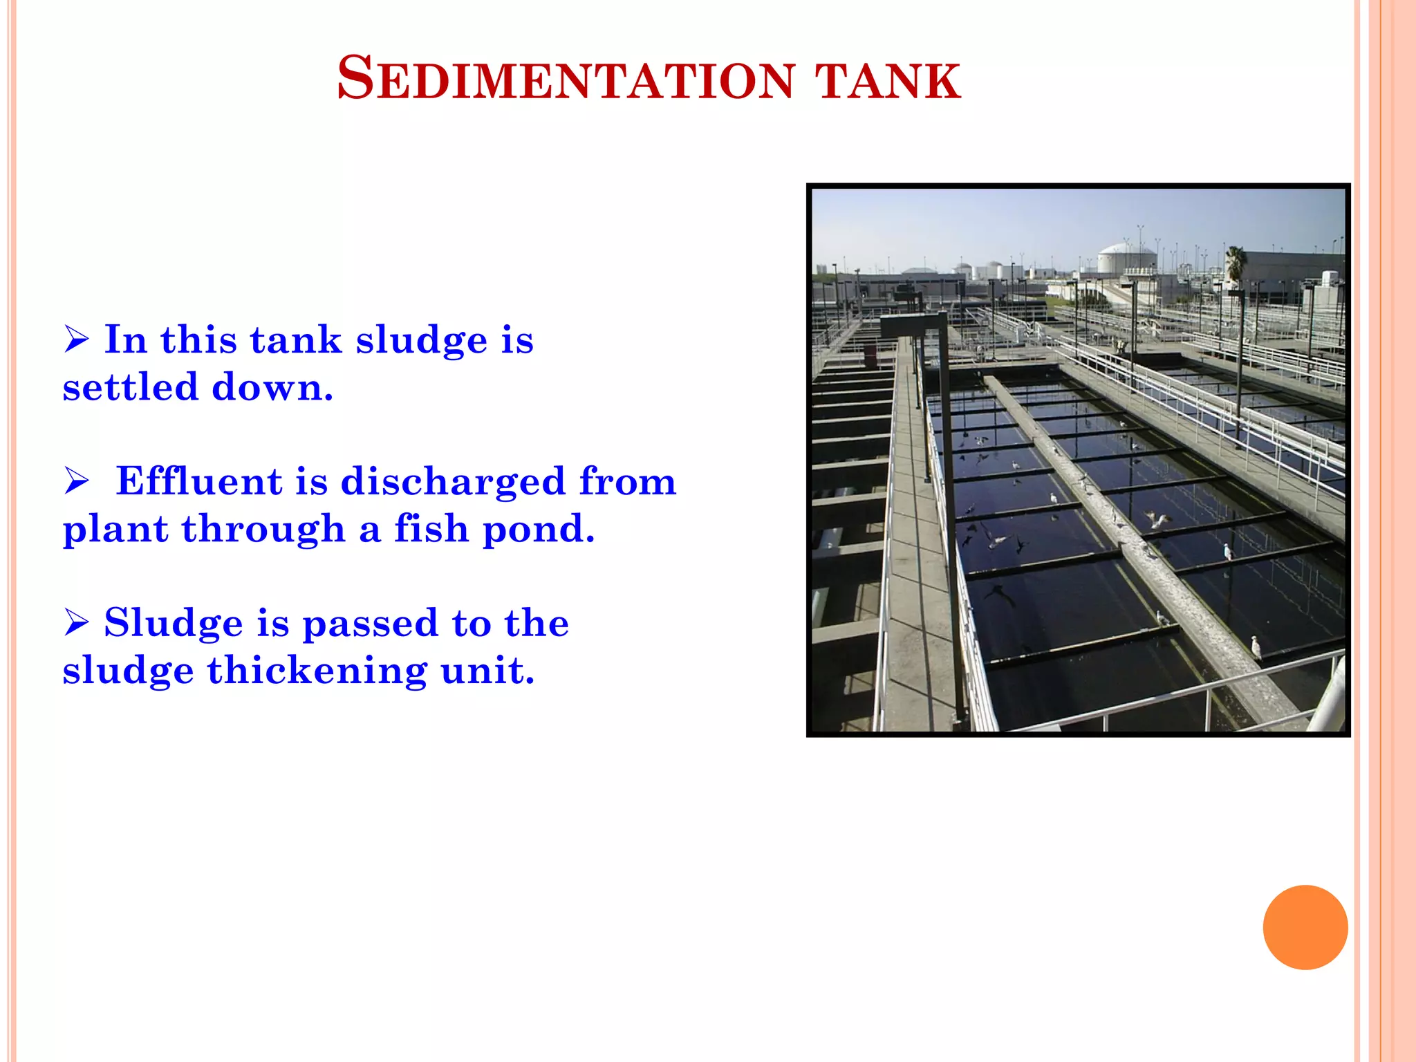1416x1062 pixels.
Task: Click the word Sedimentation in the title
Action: click(566, 79)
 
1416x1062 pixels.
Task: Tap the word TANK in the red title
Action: click(888, 81)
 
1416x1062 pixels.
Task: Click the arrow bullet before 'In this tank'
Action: click(77, 339)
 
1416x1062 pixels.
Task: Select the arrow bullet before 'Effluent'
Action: click(77, 481)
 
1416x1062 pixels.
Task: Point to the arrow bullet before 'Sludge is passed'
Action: click(77, 622)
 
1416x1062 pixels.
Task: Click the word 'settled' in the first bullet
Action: click(129, 387)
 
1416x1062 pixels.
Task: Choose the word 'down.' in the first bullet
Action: click(272, 387)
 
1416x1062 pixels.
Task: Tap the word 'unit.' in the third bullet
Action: click(487, 671)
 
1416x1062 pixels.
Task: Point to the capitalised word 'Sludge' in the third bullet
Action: click(173, 624)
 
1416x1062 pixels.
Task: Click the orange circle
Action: click(1305, 927)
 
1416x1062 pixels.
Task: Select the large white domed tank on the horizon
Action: click(1126, 257)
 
